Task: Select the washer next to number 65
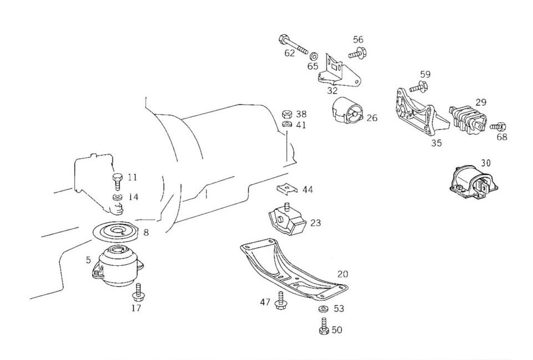pos(314,56)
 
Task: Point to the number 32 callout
pos(332,89)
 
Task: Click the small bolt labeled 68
pos(497,127)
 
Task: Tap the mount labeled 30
pos(471,182)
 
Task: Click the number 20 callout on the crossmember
pos(343,274)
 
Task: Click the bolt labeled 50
pos(322,327)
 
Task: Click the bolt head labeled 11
pos(117,179)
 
